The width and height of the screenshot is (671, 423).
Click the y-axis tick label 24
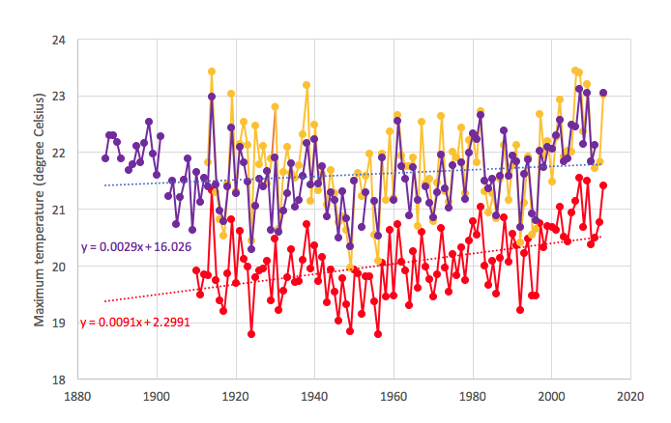coord(58,41)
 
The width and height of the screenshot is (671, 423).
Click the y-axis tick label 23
coord(58,97)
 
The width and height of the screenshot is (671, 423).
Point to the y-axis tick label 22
coord(58,153)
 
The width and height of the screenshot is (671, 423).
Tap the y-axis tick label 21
coord(58,210)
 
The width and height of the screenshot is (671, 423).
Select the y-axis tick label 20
coord(58,266)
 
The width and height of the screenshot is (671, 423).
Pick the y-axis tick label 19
coord(58,323)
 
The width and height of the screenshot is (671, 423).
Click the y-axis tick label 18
coord(58,379)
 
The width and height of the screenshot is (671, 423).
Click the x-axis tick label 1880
coord(77,396)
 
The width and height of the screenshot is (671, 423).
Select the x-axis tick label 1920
coord(235,396)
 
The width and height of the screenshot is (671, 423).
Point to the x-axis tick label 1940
coord(314,396)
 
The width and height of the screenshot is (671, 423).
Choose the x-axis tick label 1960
coord(394,396)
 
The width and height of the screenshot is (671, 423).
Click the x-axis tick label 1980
coord(472,396)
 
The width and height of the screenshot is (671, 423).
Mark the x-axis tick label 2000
coord(551,396)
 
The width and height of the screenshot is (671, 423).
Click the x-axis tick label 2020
coord(630,396)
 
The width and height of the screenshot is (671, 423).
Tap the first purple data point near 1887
coord(105,158)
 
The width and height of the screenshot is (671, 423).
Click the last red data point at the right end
coord(603,185)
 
